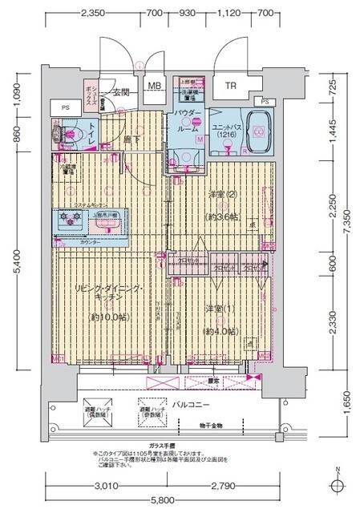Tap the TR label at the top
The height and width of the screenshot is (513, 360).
point(230,86)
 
